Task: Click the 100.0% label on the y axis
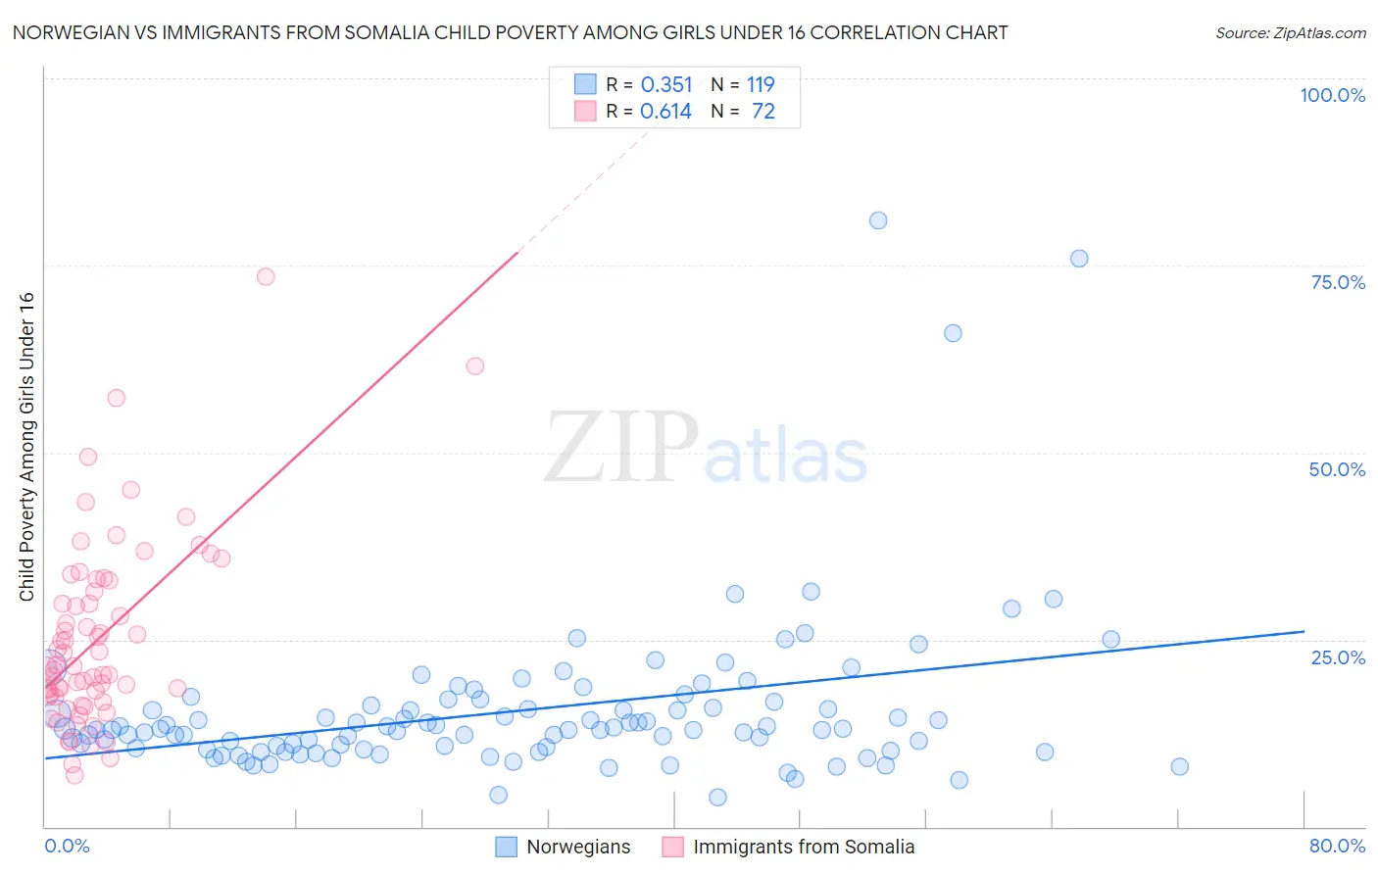(x=1333, y=95)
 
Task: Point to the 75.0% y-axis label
(x=1338, y=282)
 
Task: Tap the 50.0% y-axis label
(x=1337, y=470)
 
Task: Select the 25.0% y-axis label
(x=1338, y=657)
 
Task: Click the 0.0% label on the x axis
(x=67, y=846)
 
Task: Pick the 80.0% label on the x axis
(x=1338, y=846)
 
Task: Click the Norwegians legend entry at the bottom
(x=563, y=847)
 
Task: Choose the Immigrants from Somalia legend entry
(x=788, y=847)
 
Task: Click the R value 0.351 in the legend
(x=666, y=84)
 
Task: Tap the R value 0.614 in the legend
(x=665, y=112)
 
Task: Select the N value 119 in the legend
(x=761, y=84)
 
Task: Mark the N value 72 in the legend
(x=763, y=112)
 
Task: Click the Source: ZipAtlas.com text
(x=1291, y=32)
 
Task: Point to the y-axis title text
(x=26, y=447)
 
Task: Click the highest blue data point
(x=878, y=220)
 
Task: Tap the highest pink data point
(x=266, y=276)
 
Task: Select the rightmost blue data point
(x=1179, y=766)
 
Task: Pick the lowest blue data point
(x=718, y=798)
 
